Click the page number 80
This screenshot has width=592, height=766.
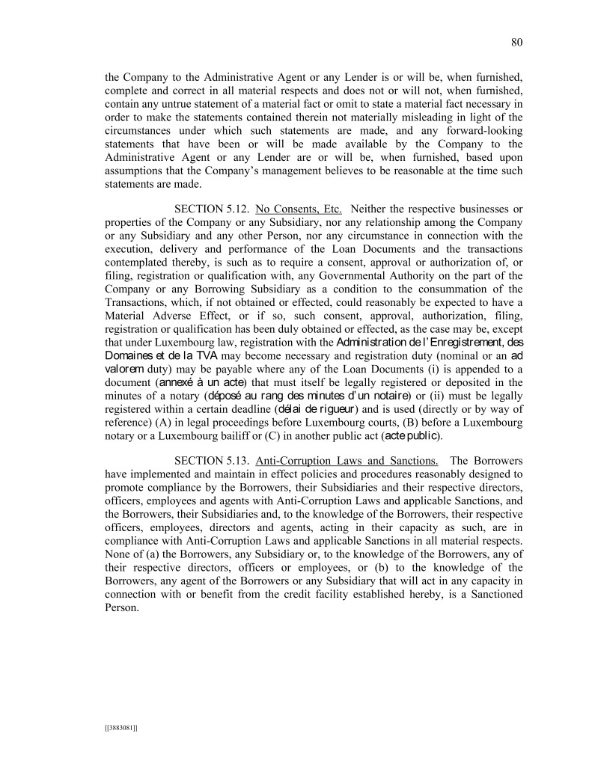click(516, 42)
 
